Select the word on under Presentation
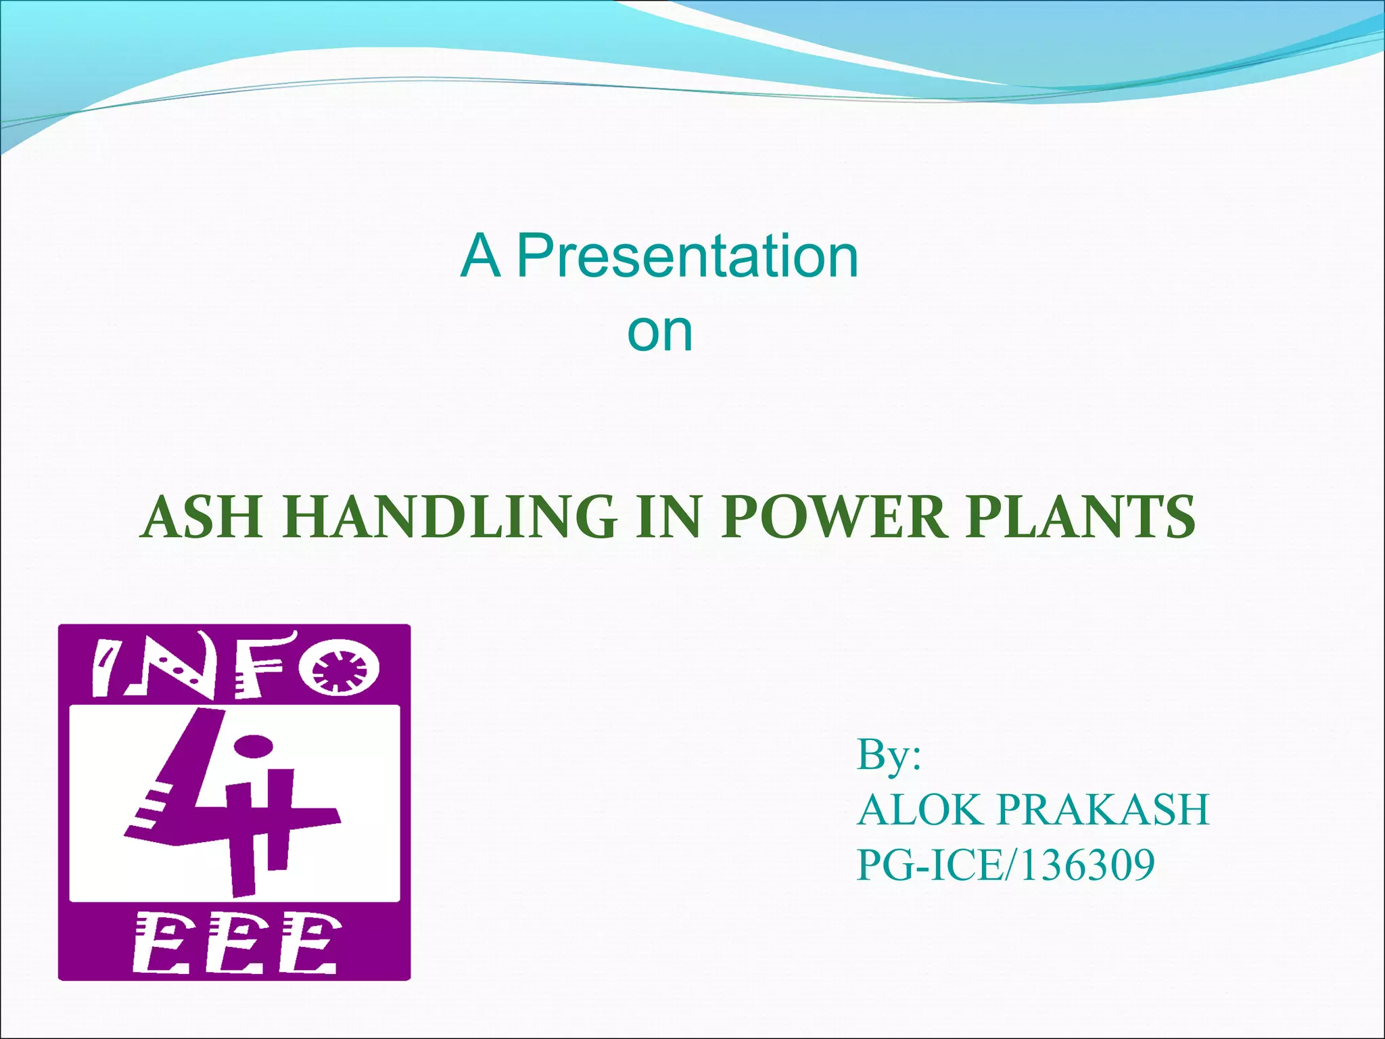click(660, 333)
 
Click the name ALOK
click(920, 810)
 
